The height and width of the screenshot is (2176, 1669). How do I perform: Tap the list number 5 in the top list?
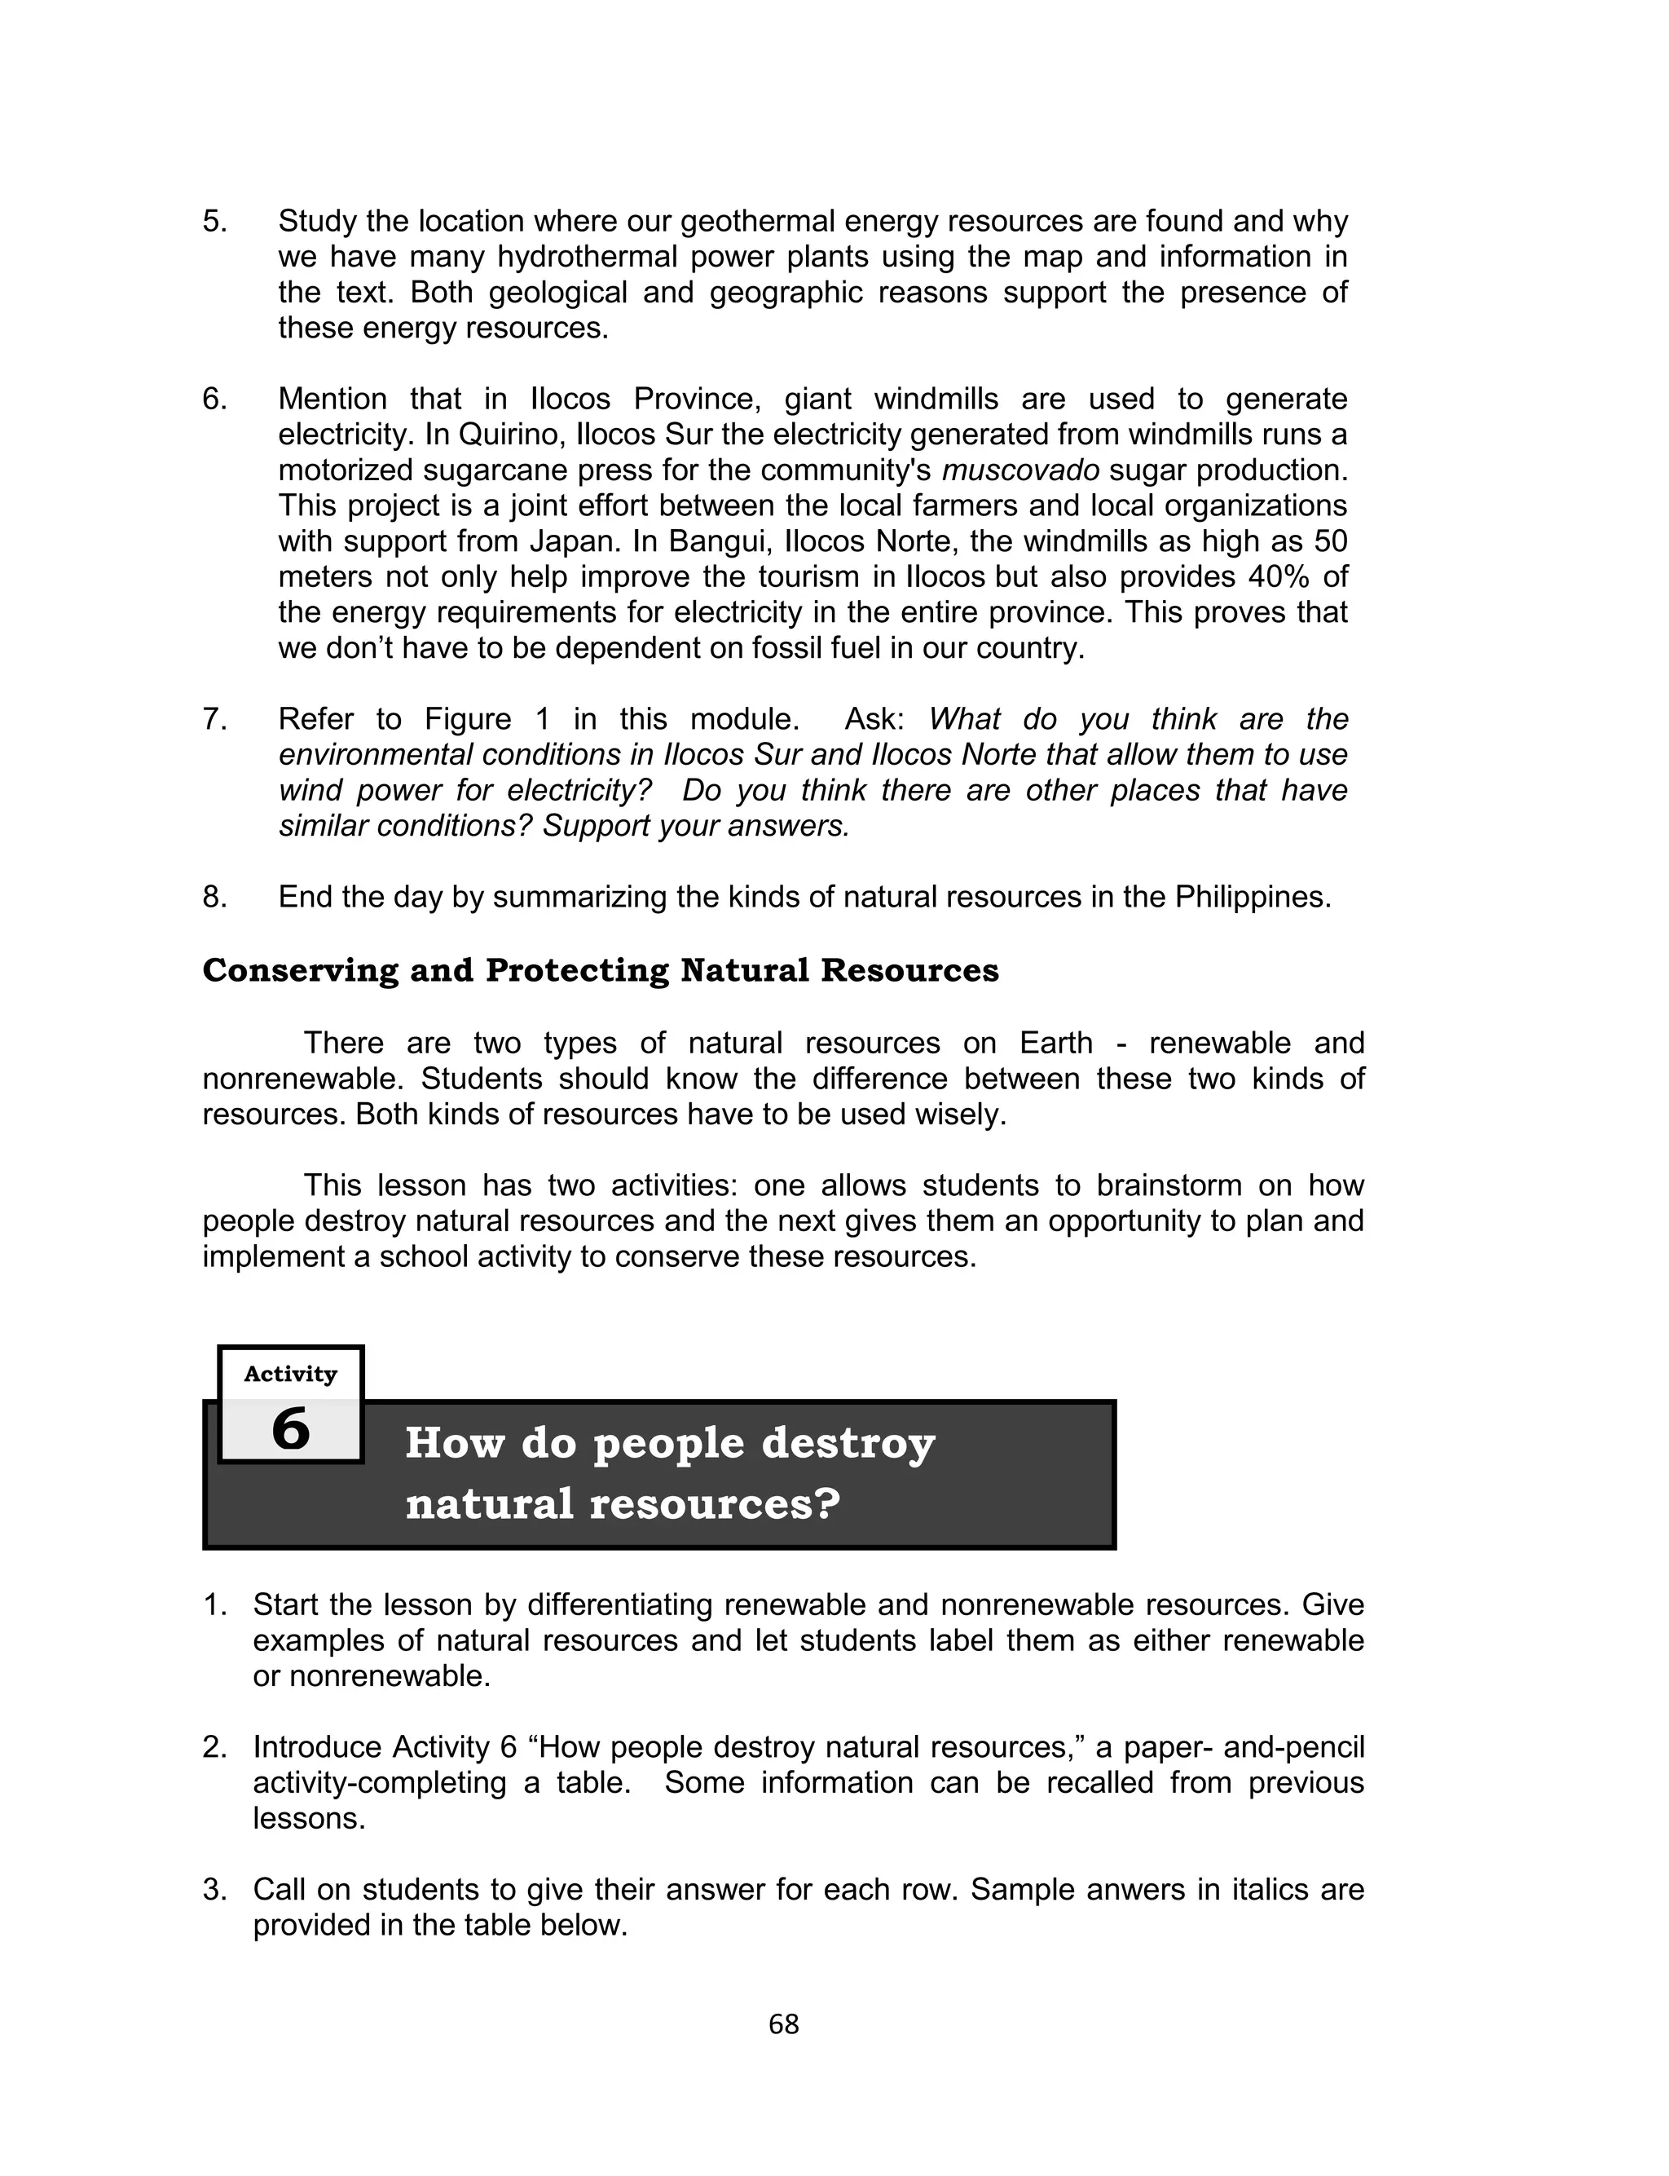pyautogui.click(x=214, y=221)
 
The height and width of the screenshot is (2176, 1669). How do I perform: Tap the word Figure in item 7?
pyautogui.click(x=471, y=718)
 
